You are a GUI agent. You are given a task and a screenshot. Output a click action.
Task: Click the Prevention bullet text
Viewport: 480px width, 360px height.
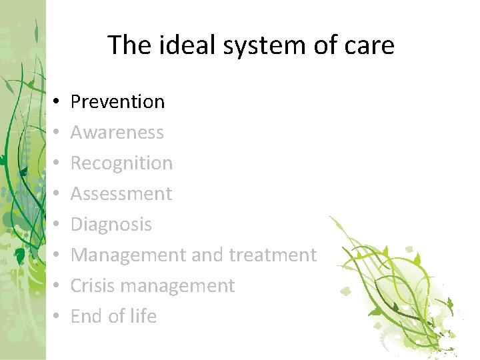[x=117, y=102]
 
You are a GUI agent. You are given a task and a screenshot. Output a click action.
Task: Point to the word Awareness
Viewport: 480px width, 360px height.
[x=117, y=133]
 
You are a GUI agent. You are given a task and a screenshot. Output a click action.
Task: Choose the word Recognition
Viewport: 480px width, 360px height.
[x=121, y=163]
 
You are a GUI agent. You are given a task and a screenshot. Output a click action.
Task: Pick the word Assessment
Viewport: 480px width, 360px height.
[x=121, y=194]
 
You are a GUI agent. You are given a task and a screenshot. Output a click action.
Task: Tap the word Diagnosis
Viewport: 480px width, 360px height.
[x=111, y=225]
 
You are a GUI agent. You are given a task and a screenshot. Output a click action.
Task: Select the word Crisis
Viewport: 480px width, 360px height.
[x=89, y=286]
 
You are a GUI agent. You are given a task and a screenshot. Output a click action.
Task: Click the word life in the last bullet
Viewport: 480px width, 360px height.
[x=142, y=316]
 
